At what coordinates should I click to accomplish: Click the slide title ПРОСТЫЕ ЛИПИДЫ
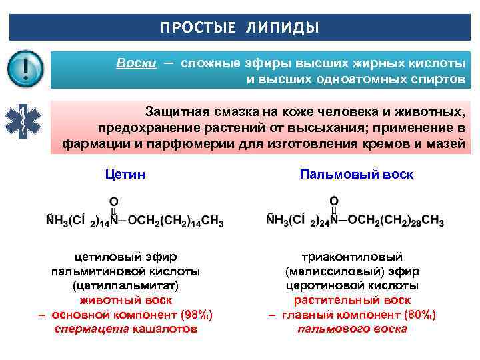tap(239, 28)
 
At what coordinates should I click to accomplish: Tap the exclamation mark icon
tap(25, 69)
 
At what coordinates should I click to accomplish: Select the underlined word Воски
tap(136, 63)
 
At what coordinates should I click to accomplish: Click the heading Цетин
tap(126, 175)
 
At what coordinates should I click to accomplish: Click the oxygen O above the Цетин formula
tap(114, 201)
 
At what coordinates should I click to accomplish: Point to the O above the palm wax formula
tap(334, 201)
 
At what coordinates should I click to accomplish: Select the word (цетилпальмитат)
tap(126, 286)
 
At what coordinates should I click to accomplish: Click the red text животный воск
tap(126, 301)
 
